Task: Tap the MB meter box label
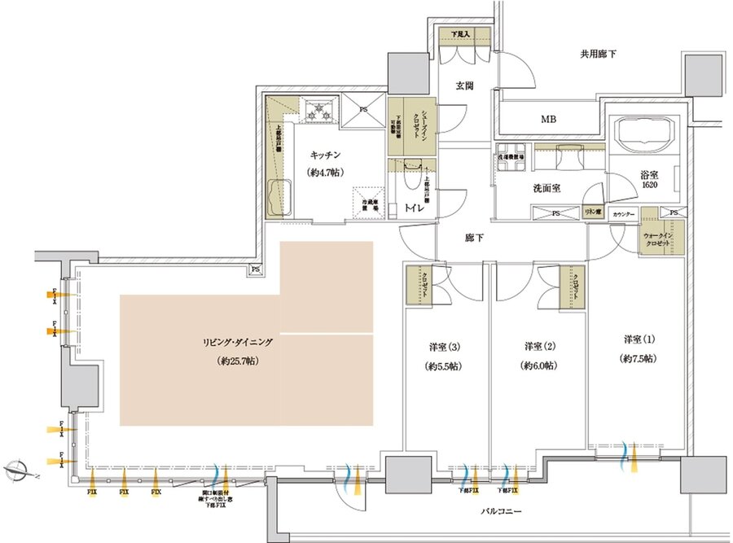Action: [x=550, y=120]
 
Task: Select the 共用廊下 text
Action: [x=598, y=55]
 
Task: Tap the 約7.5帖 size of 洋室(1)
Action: [x=639, y=358]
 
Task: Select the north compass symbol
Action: [x=17, y=468]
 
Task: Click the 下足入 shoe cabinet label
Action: [x=467, y=34]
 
